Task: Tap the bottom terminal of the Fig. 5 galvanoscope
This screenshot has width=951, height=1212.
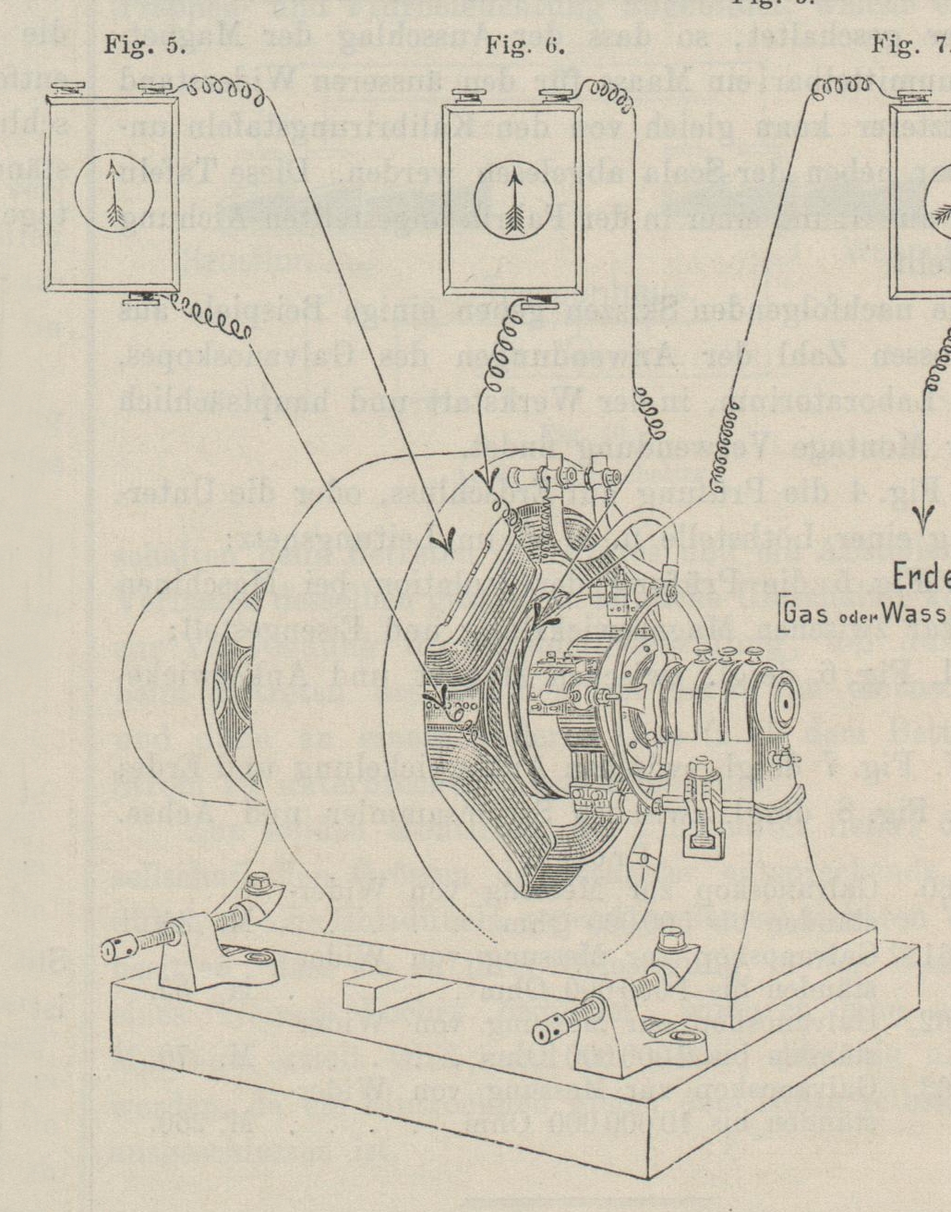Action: pyautogui.click(x=146, y=297)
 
